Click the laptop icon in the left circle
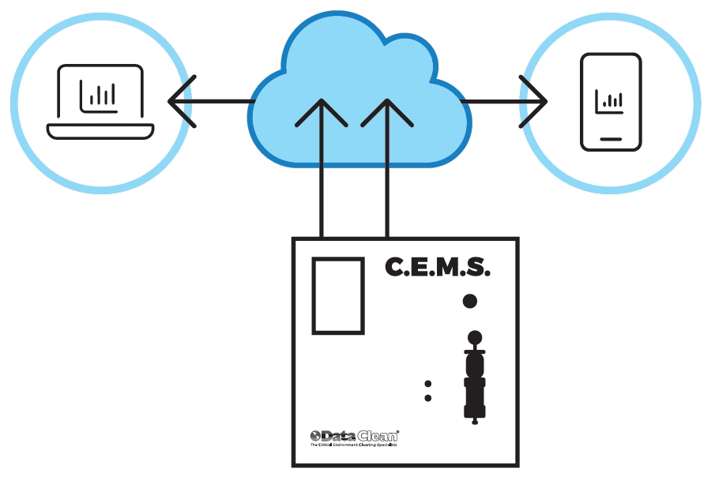pyautogui.click(x=100, y=102)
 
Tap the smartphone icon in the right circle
pyautogui.click(x=611, y=102)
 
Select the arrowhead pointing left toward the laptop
pyautogui.click(x=180, y=101)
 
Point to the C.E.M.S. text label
pyautogui.click(x=437, y=267)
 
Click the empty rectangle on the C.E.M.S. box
pyautogui.click(x=338, y=295)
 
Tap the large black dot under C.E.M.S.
pyautogui.click(x=469, y=301)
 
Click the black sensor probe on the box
pyautogui.click(x=474, y=379)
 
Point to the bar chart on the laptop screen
pyautogui.click(x=100, y=96)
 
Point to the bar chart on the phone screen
pyautogui.click(x=610, y=100)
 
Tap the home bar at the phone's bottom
pyautogui.click(x=611, y=138)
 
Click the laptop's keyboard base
pyautogui.click(x=100, y=130)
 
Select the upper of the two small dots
pyautogui.click(x=428, y=384)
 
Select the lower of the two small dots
pyautogui.click(x=428, y=398)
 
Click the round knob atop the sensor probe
pyautogui.click(x=474, y=336)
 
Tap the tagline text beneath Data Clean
pyautogui.click(x=353, y=445)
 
